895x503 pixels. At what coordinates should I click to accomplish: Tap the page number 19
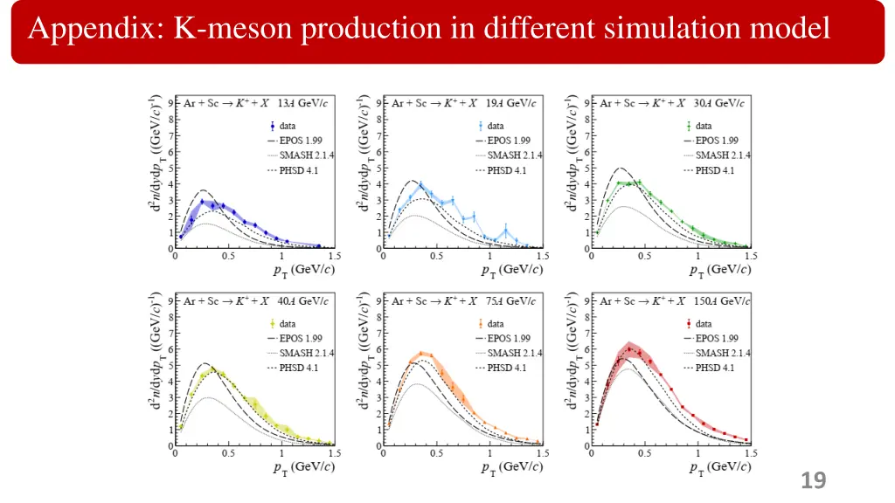(x=813, y=479)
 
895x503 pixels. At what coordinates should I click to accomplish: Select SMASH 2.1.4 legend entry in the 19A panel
(x=514, y=155)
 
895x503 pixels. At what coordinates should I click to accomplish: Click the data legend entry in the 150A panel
(x=704, y=323)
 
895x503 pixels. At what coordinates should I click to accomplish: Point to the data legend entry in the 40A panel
(x=288, y=323)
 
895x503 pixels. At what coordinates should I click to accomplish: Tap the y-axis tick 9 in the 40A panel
(x=171, y=300)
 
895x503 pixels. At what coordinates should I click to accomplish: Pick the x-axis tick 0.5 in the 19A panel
(x=435, y=257)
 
